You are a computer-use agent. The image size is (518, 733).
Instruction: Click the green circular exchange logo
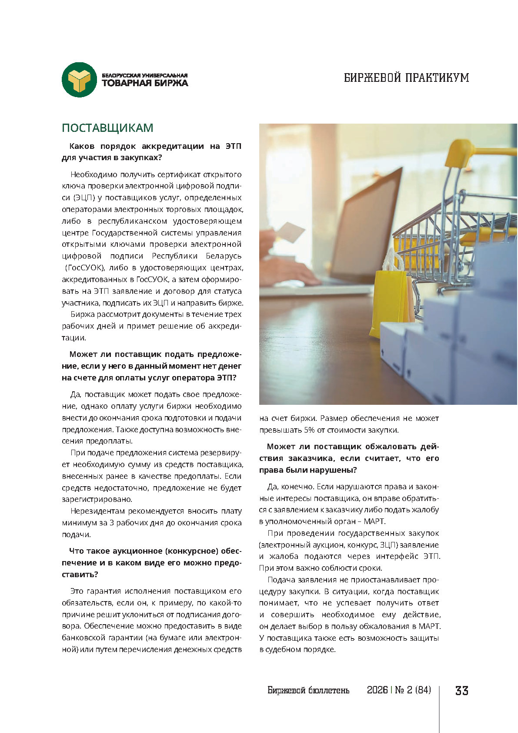[79, 80]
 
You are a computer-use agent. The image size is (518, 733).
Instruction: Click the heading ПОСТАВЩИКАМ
[107, 128]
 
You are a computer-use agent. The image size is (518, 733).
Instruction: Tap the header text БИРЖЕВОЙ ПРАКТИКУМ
[406, 78]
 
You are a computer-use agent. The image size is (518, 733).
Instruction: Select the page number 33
[461, 690]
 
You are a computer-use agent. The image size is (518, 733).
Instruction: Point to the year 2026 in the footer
[377, 690]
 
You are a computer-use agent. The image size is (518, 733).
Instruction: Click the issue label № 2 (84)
[413, 690]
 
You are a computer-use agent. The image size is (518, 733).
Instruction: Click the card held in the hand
[291, 232]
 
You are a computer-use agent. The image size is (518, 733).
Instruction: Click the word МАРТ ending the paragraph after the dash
[374, 521]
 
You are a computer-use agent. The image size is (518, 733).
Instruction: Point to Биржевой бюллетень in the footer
[308, 690]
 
